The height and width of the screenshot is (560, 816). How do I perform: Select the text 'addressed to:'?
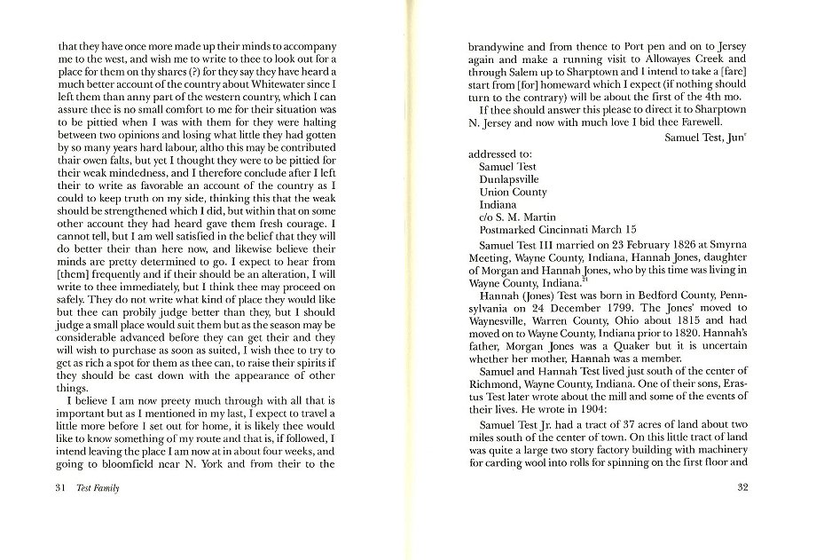pos(501,154)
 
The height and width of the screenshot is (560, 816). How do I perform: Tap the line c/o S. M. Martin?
pos(517,217)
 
